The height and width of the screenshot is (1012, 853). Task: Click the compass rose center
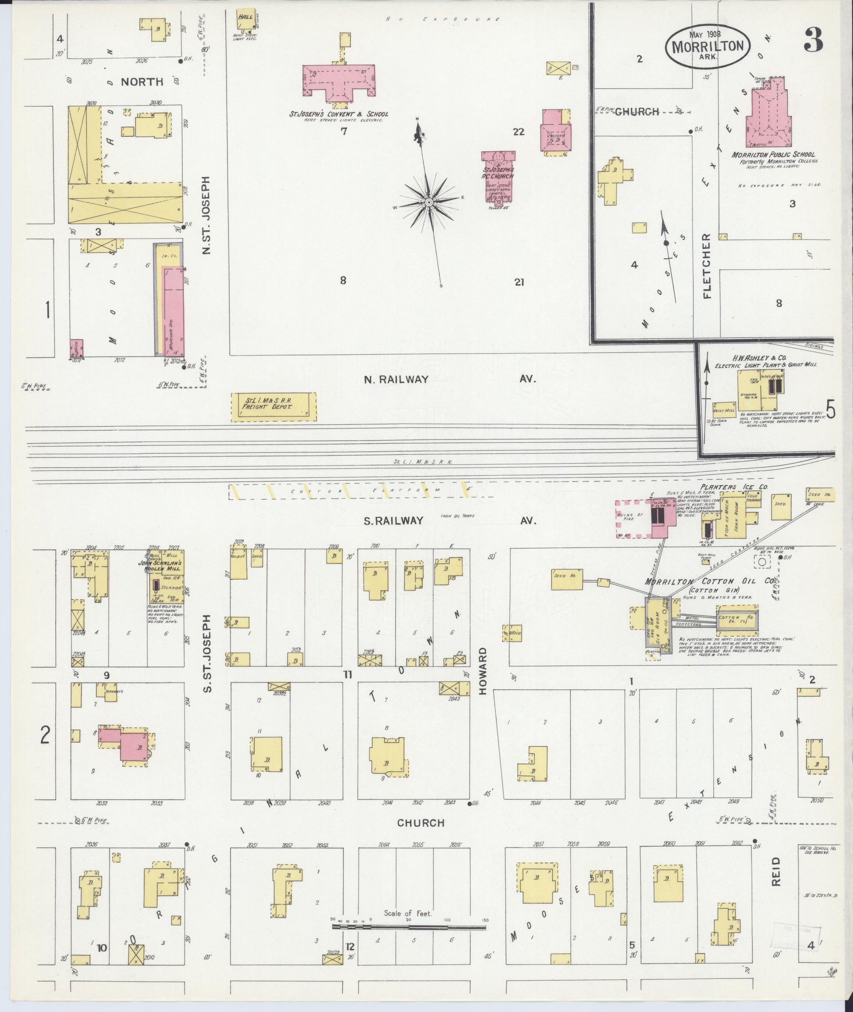coord(428,202)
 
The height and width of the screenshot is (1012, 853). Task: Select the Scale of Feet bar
coord(409,589)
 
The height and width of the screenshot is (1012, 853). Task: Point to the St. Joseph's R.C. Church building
coord(498,177)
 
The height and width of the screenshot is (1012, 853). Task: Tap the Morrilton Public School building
coord(768,116)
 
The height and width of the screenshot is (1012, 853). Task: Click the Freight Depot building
coord(274,407)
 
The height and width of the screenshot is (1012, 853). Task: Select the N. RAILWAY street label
coord(396,379)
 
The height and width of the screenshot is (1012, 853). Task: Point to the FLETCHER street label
coord(707,266)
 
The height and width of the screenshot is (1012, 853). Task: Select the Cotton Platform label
coord(360,491)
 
